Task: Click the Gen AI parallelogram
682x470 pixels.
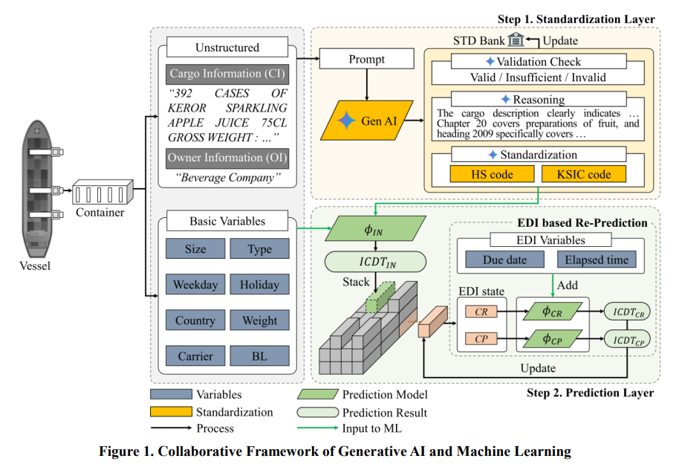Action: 366,120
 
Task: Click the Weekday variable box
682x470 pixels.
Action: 195,285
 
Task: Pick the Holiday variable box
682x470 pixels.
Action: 259,285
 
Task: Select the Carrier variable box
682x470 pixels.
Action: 195,356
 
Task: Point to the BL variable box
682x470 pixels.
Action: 259,356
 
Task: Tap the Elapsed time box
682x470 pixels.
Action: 596,260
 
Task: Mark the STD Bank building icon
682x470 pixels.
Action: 516,39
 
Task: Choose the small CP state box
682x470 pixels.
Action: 481,339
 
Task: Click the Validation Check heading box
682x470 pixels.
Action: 534,62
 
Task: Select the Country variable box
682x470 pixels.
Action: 195,321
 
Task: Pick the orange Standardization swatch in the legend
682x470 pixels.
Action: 171,412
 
